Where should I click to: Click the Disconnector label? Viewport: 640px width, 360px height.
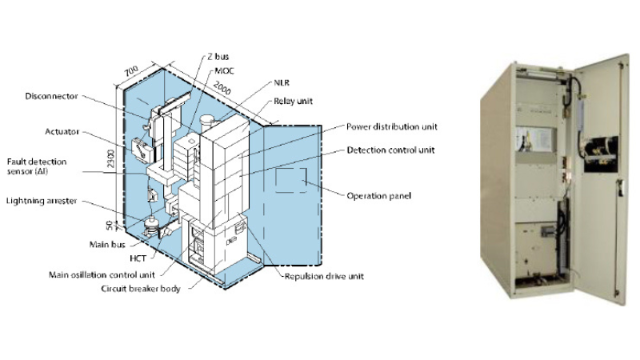click(x=51, y=96)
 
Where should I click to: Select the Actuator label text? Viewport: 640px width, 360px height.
click(x=62, y=132)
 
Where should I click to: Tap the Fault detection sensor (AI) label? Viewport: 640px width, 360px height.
click(x=37, y=166)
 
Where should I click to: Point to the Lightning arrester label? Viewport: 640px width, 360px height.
click(x=42, y=201)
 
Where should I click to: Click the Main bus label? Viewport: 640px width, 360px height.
click(x=107, y=245)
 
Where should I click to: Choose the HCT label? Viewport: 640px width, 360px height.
click(x=138, y=258)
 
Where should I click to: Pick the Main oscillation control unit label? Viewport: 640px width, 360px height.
click(x=102, y=274)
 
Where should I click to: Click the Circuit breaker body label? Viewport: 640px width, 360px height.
click(x=141, y=289)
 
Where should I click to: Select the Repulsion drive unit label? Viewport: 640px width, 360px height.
click(x=324, y=276)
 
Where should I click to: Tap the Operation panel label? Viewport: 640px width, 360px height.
click(x=378, y=196)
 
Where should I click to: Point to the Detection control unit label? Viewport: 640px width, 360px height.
click(x=391, y=150)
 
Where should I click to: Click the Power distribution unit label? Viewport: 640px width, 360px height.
click(x=392, y=127)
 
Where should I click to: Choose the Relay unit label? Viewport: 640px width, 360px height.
click(x=293, y=102)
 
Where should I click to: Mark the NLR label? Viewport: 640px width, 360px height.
click(x=282, y=83)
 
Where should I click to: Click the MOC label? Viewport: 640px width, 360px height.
click(x=225, y=71)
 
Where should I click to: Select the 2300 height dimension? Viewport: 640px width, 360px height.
click(x=110, y=158)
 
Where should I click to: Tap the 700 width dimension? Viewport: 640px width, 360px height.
click(x=131, y=71)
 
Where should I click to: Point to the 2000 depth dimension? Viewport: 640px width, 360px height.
click(x=222, y=88)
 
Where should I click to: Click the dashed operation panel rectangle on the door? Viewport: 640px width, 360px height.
click(x=290, y=180)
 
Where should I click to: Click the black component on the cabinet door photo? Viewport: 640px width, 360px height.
click(x=601, y=154)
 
